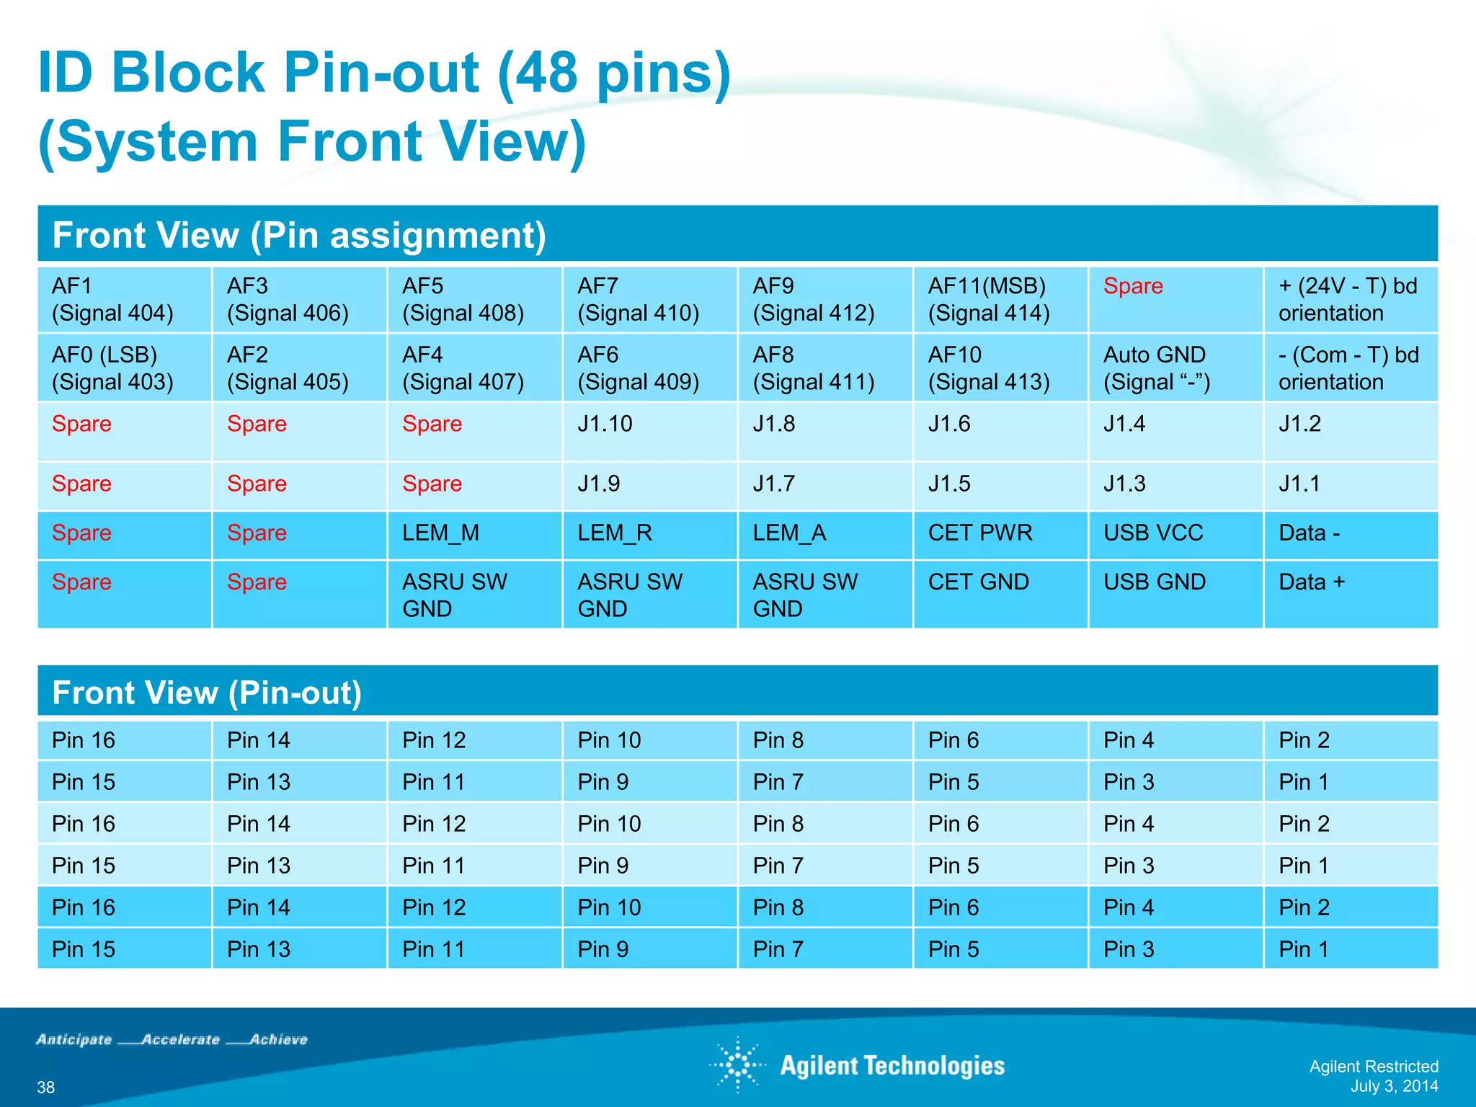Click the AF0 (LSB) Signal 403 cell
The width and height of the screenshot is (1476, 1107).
pos(124,368)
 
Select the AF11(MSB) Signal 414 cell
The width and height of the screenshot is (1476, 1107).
pos(1000,299)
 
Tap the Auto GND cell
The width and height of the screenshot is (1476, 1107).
pos(1175,368)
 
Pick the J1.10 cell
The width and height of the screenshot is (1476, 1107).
pos(649,431)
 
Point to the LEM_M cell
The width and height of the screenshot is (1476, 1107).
pos(474,534)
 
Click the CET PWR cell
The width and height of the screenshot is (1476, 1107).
pos(1000,534)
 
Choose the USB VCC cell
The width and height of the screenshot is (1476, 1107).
pos(1175,534)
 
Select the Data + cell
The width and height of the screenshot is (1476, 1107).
pos(1350,593)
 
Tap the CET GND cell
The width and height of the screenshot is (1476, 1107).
pos(1000,593)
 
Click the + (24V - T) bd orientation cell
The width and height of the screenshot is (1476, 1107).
pos(1350,299)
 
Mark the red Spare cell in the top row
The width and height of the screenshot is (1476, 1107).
pos(1175,299)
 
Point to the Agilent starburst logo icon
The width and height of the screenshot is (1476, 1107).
pos(737,1064)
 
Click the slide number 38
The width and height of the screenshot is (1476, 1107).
pos(46,1087)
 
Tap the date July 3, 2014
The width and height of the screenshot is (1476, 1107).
pos(1394,1086)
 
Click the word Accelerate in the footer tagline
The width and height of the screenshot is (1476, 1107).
pos(181,1039)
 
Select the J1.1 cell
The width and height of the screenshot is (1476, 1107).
pos(1350,485)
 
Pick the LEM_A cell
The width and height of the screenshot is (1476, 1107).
pos(824,534)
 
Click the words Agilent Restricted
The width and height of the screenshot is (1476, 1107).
pos(1374,1067)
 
